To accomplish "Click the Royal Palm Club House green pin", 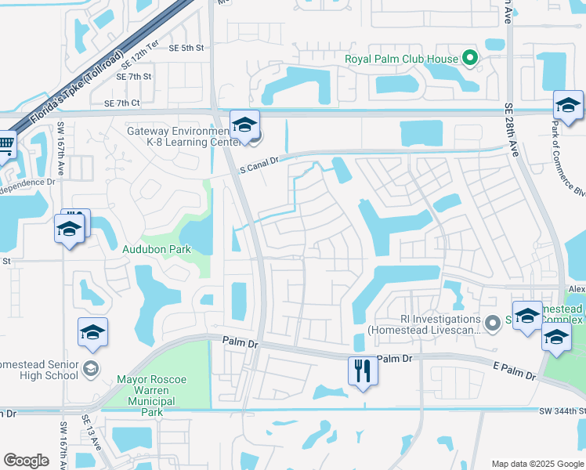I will (469, 57).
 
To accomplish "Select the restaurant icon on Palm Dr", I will (362, 371).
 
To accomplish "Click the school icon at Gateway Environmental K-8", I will (244, 125).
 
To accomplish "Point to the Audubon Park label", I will (157, 249).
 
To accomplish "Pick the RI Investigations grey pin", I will (492, 323).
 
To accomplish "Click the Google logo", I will (26, 460).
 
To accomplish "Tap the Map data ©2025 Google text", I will (537, 463).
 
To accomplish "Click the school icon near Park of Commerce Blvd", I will (568, 106).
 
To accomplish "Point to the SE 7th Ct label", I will (121, 103).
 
